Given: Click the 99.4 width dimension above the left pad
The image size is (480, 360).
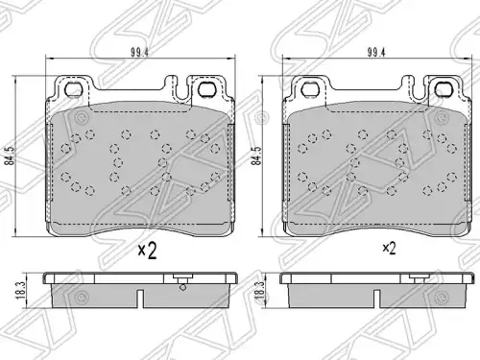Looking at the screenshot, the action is [140, 53].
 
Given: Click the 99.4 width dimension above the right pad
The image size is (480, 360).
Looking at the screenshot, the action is [376, 53].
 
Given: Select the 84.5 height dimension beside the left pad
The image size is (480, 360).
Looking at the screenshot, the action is [12, 156].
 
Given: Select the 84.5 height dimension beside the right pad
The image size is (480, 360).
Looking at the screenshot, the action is [256, 156].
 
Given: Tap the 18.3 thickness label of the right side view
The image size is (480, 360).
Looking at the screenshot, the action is [259, 291].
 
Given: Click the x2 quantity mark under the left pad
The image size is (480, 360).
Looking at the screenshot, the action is [147, 251].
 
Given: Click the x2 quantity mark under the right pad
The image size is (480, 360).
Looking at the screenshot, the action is [389, 248].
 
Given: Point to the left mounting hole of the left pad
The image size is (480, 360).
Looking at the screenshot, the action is [73, 88].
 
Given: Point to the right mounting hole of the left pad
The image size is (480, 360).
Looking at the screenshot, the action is [206, 88].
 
